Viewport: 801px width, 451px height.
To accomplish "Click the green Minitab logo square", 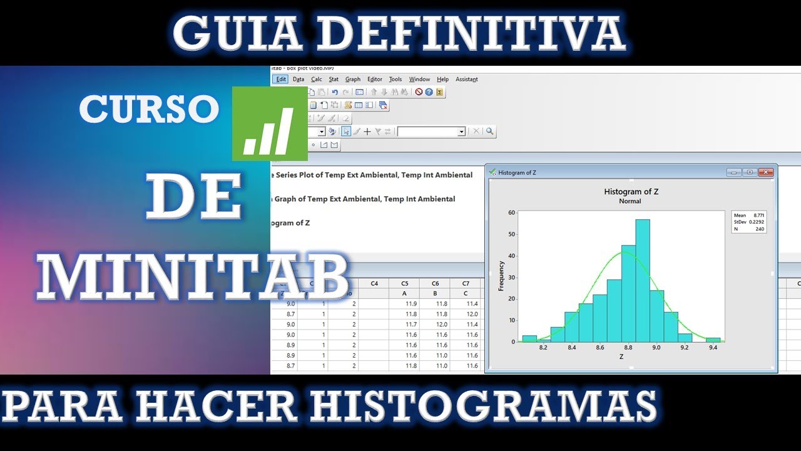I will (270, 123).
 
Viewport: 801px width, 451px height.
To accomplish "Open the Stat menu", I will (334, 80).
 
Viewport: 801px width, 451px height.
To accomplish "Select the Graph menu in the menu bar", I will (353, 80).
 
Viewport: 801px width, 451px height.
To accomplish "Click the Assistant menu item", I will (466, 80).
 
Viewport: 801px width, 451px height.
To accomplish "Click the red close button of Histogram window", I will (765, 172).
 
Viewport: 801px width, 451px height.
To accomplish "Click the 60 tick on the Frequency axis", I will (511, 213).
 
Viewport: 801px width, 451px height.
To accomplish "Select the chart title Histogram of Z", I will (631, 192).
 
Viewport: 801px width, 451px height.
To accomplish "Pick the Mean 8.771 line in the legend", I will (749, 215).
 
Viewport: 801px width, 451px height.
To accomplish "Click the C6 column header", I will (436, 284).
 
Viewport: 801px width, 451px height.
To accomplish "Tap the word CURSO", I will (149, 110).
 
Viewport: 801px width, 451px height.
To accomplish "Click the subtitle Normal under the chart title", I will (630, 202).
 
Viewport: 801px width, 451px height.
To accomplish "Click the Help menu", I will (442, 80).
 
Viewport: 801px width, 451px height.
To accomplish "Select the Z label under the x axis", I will (621, 356).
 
